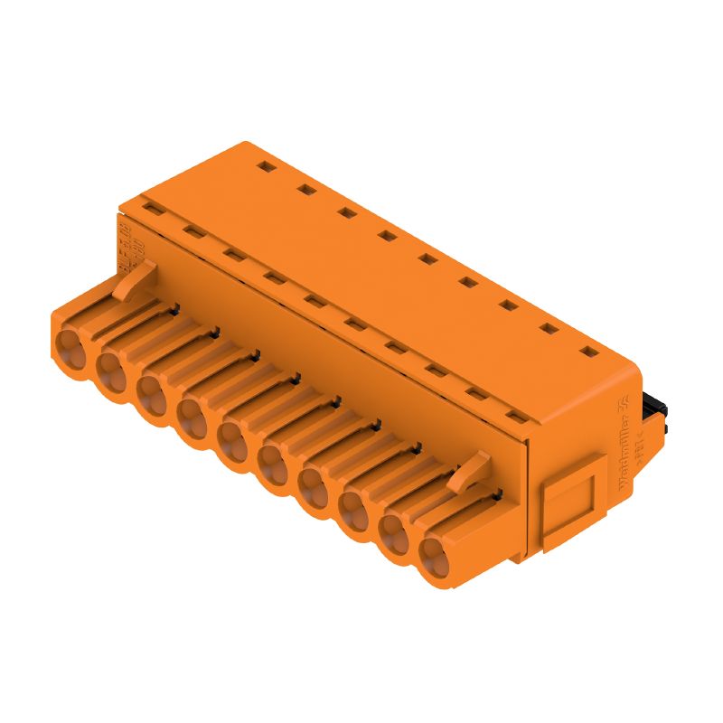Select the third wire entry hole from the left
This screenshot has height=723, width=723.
pos(150,390)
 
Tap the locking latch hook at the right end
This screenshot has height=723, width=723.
pos(473,472)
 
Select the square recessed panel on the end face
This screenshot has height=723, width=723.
pos(568,511)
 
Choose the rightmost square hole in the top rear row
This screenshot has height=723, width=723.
pos(589,352)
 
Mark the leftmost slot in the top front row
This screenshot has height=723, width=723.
pos(153,209)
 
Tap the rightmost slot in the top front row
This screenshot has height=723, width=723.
pos(516,416)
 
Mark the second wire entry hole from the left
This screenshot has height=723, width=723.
pos(109,366)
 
